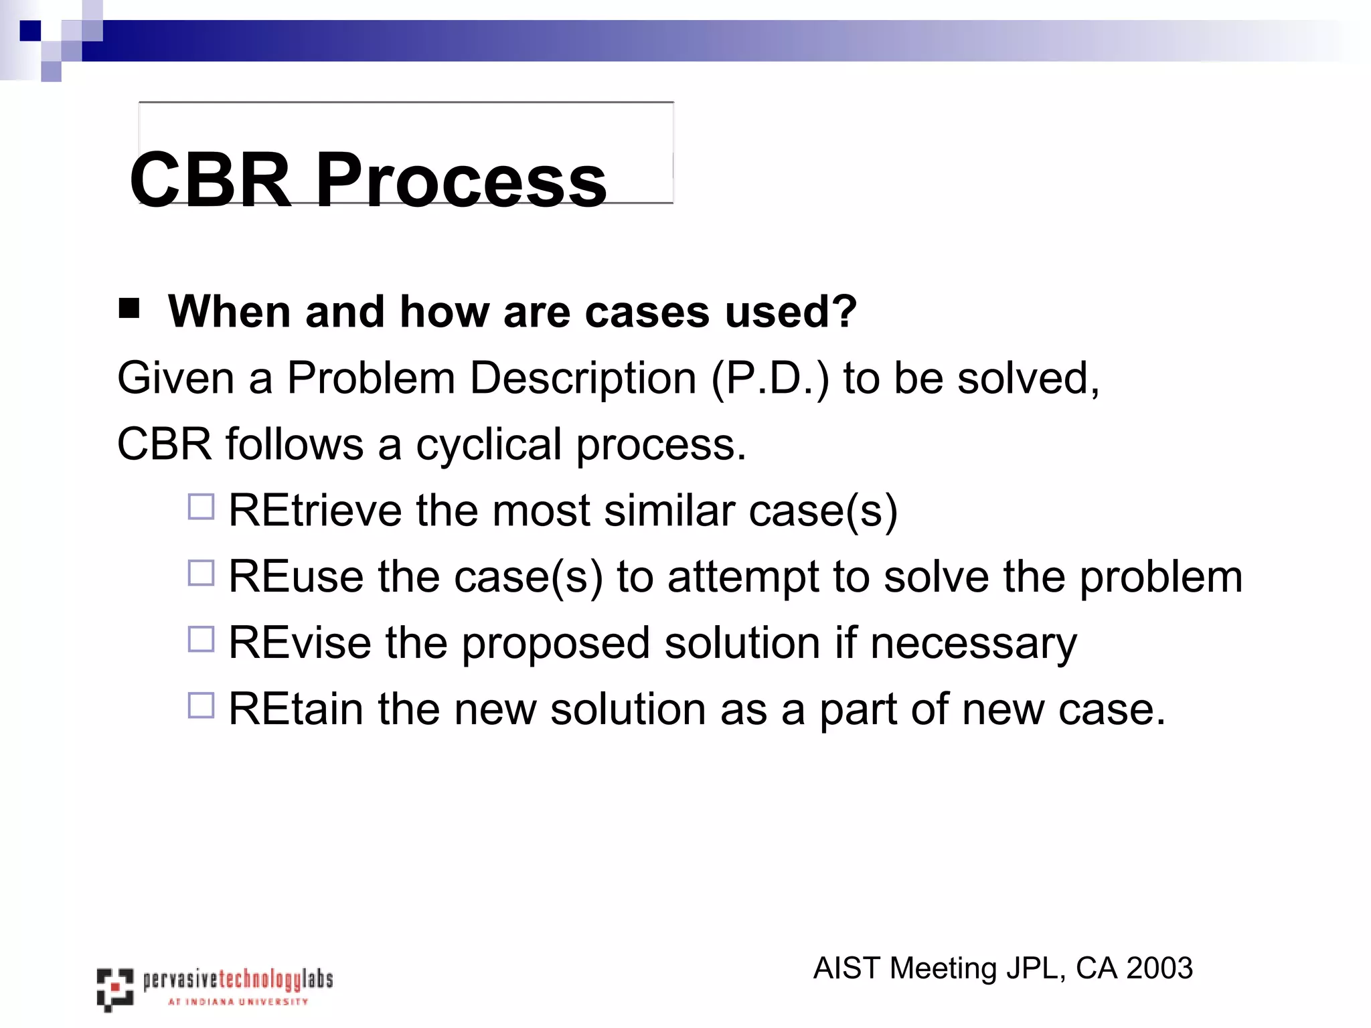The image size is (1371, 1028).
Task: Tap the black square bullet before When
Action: tap(129, 309)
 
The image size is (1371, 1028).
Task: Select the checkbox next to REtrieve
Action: tap(201, 507)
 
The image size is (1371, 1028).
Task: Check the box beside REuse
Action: tap(201, 573)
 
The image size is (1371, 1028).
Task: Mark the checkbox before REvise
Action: tap(201, 639)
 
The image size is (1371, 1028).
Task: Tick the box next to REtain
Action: tap(201, 705)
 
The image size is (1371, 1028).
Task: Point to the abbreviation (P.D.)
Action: tap(770, 379)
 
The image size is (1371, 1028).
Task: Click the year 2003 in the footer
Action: tap(1159, 968)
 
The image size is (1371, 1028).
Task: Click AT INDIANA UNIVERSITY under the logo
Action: tap(238, 1002)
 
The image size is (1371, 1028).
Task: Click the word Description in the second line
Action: tap(582, 379)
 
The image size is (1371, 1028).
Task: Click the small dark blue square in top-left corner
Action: tap(30, 31)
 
